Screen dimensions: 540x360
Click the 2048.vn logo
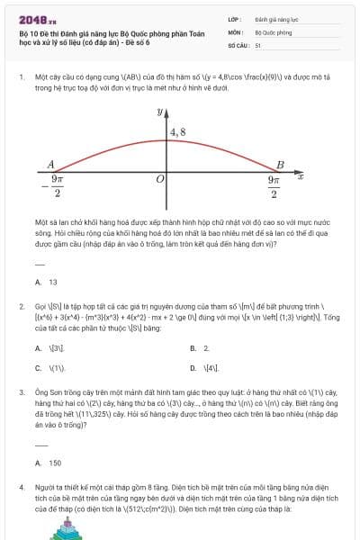[x=37, y=19]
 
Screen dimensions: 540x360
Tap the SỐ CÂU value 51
[x=258, y=44]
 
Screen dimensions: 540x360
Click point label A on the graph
[x=51, y=164]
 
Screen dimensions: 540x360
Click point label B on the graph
[x=280, y=165]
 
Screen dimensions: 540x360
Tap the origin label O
[x=159, y=180]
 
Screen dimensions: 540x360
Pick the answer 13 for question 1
[x=52, y=282]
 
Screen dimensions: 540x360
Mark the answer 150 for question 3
[x=54, y=463]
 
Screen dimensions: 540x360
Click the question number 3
[x=21, y=393]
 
